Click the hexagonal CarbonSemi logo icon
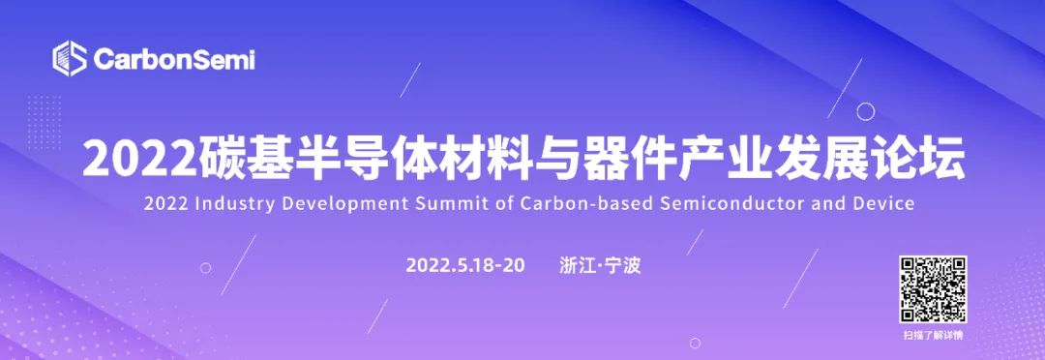(x=70, y=59)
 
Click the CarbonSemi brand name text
(x=174, y=59)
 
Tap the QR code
(x=933, y=289)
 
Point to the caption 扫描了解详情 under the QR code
(x=933, y=336)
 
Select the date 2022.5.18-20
(x=465, y=265)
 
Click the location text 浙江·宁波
(x=601, y=265)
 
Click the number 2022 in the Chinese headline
(x=138, y=158)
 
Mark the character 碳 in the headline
(x=213, y=158)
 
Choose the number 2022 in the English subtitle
(x=166, y=204)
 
